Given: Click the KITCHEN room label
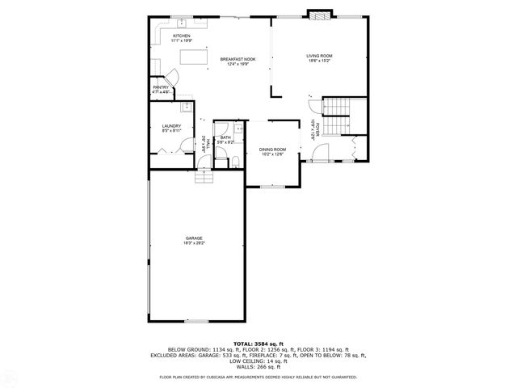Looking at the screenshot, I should (x=181, y=37).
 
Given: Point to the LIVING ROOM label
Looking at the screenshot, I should (x=319, y=56).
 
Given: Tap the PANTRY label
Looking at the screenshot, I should (x=161, y=87).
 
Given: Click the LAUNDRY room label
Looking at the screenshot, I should (x=170, y=125).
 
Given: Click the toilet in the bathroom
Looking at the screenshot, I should (x=234, y=162).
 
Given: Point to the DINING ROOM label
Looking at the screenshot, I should (x=272, y=150).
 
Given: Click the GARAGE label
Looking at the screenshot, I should (x=194, y=238).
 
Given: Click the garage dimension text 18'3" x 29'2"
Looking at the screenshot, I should (x=194, y=242).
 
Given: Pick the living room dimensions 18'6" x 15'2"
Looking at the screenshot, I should (x=319, y=61).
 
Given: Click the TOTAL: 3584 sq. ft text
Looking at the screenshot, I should (x=258, y=344).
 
